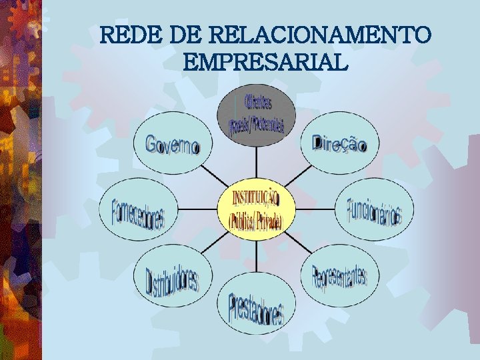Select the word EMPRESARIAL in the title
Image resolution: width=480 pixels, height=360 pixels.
point(265,63)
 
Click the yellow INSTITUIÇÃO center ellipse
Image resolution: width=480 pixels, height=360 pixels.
point(257,208)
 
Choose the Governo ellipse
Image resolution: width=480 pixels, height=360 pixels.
point(172,144)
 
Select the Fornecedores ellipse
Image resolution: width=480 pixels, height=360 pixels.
point(139,209)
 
